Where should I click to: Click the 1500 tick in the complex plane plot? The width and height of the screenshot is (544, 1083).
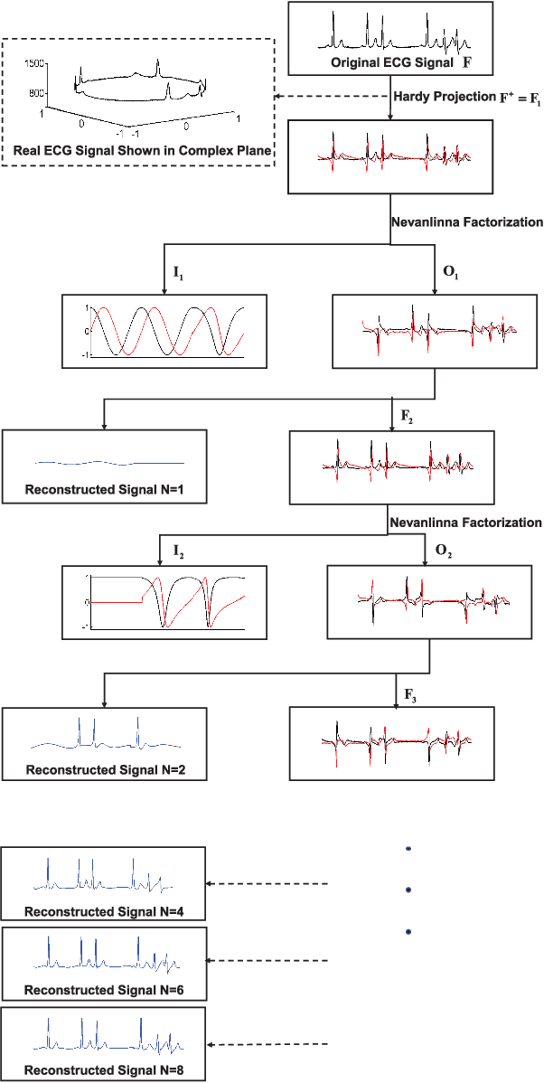coord(36,63)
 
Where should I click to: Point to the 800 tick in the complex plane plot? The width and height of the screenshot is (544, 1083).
coord(38,93)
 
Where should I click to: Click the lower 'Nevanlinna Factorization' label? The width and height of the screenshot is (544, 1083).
coord(466,522)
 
